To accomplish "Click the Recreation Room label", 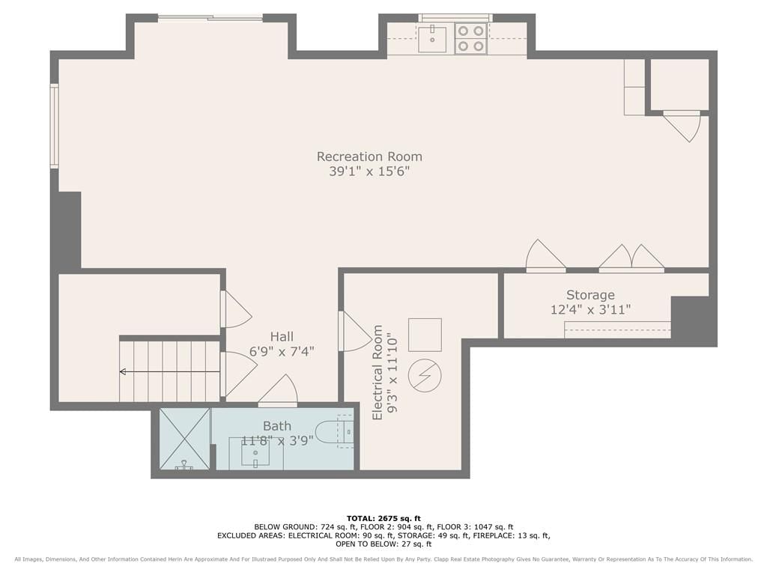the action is (x=369, y=156).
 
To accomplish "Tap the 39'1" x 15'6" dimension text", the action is (x=369, y=171).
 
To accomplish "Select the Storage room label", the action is (x=590, y=295).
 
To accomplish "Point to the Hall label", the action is (x=282, y=336).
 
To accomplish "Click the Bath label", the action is (x=277, y=426).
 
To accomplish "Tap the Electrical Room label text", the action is (x=378, y=373).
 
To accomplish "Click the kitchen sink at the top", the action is (x=432, y=39).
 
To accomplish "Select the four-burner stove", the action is (x=470, y=39).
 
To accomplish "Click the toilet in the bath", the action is (x=334, y=431).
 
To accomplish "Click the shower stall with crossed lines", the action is (x=184, y=439).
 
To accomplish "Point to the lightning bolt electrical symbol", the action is (x=425, y=376).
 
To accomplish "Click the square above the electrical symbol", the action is (x=425, y=335).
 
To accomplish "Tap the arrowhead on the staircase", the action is (x=122, y=372).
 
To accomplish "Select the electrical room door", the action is (x=354, y=332).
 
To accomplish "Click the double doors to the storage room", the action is (x=631, y=258).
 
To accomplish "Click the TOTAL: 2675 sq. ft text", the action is (x=383, y=518).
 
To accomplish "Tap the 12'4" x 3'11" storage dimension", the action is (x=590, y=310).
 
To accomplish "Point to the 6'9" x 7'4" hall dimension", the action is (x=282, y=352).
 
